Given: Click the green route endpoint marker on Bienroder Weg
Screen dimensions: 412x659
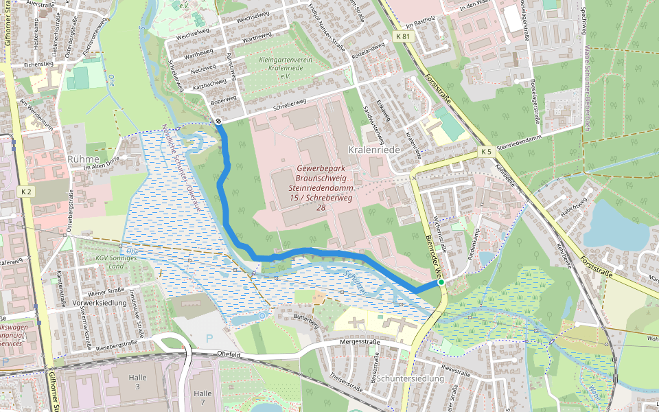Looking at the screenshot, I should pyautogui.click(x=441, y=282).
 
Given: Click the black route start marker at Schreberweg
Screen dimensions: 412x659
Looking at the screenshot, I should pyautogui.click(x=218, y=122).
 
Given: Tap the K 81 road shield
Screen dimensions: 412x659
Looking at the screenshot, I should pyautogui.click(x=403, y=36).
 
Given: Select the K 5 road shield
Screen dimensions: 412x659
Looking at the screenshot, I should pyautogui.click(x=485, y=151).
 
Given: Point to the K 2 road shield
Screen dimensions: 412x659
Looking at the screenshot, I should pyautogui.click(x=26, y=192).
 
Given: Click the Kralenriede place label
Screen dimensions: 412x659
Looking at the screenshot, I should pyautogui.click(x=373, y=150).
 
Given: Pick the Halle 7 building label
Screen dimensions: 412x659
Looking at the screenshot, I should pyautogui.click(x=203, y=398).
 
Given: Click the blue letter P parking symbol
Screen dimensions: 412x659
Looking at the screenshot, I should pyautogui.click(x=209, y=339).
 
